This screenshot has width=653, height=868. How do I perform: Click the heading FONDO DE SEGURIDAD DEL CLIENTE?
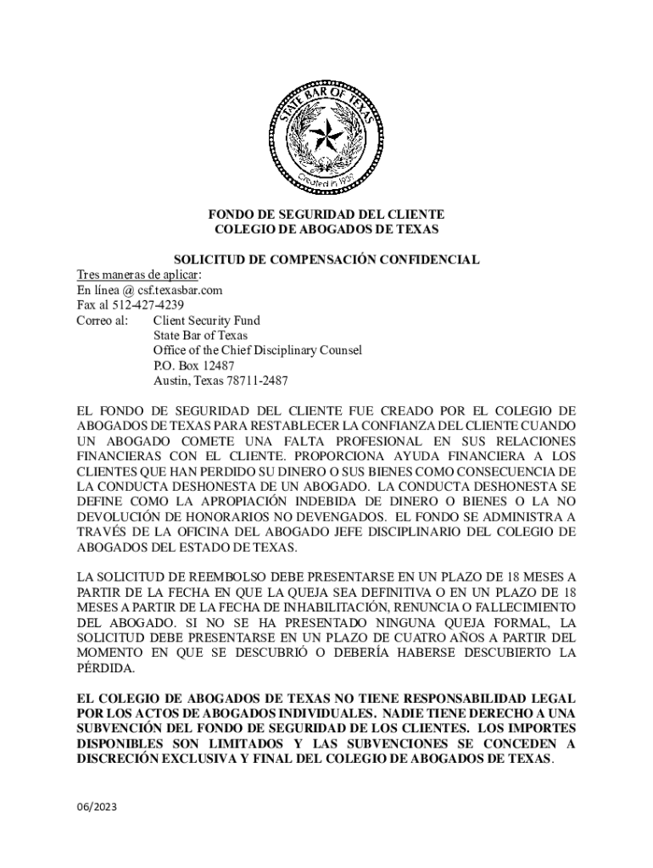click(326, 214)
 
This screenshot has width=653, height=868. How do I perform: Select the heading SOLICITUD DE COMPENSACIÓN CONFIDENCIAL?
click(326, 259)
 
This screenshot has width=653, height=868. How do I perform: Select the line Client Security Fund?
click(206, 320)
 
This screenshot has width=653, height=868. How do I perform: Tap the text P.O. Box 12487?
click(193, 365)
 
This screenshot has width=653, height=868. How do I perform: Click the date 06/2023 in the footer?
click(96, 807)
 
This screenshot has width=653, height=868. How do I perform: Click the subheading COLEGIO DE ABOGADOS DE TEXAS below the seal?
click(326, 230)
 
